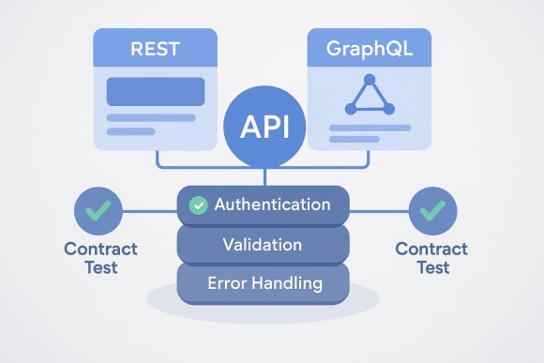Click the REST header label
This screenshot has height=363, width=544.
(155, 47)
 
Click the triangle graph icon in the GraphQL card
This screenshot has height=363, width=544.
(369, 95)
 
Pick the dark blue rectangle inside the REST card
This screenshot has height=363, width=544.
(155, 92)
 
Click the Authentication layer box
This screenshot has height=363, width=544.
(264, 204)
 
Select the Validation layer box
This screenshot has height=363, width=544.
(264, 245)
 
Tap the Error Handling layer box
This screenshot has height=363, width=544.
(264, 281)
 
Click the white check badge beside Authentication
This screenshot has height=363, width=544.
(198, 204)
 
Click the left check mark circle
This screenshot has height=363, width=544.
(98, 211)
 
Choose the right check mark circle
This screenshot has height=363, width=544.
(432, 211)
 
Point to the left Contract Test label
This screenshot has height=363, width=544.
(99, 258)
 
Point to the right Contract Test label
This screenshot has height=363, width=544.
(431, 258)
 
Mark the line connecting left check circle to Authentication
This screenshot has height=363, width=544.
(150, 211)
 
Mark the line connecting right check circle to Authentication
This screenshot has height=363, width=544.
(379, 211)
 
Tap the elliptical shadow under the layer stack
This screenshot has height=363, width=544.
(264, 309)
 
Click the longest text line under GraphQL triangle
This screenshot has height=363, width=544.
(369, 127)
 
